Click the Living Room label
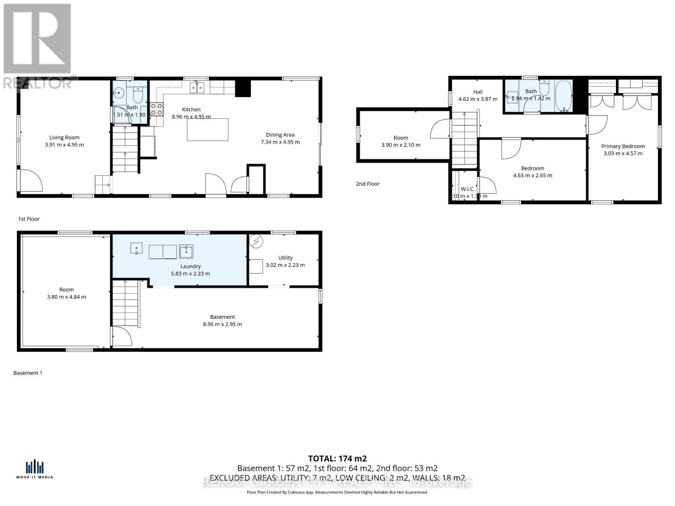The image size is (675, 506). [x=64, y=137]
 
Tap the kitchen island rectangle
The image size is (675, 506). [x=208, y=129]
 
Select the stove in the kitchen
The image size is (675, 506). [x=157, y=109]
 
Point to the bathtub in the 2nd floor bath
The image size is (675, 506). [x=564, y=96]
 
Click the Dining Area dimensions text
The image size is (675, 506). [x=280, y=142]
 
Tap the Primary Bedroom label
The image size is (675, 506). [x=623, y=146]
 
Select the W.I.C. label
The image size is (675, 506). [x=467, y=189]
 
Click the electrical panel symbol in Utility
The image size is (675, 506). [x=256, y=242]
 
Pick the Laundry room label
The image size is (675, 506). [x=190, y=266]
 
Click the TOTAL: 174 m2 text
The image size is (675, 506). [x=337, y=458]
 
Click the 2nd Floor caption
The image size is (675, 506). [x=367, y=184]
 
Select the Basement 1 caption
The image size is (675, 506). [x=28, y=373]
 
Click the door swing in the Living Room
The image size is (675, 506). [x=30, y=180]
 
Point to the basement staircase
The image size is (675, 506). [x=126, y=304]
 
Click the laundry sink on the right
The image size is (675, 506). [x=186, y=251]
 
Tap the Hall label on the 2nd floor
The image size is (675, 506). [x=478, y=92]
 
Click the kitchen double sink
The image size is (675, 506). [x=197, y=88]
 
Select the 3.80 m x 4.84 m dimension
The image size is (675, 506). [x=66, y=297]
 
